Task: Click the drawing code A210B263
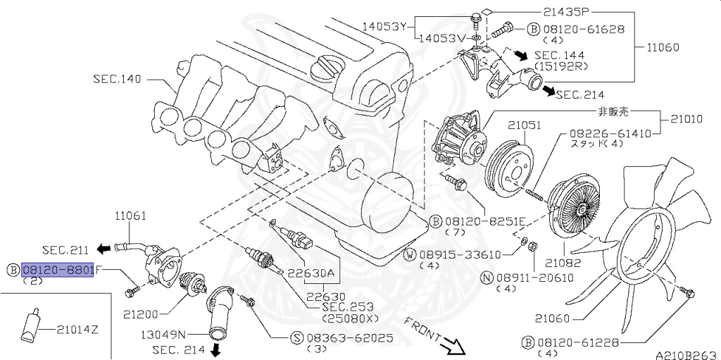pos(686,354)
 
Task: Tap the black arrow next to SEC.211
pos(104,248)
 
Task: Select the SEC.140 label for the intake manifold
pos(117,79)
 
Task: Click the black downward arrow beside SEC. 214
pos(215,349)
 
